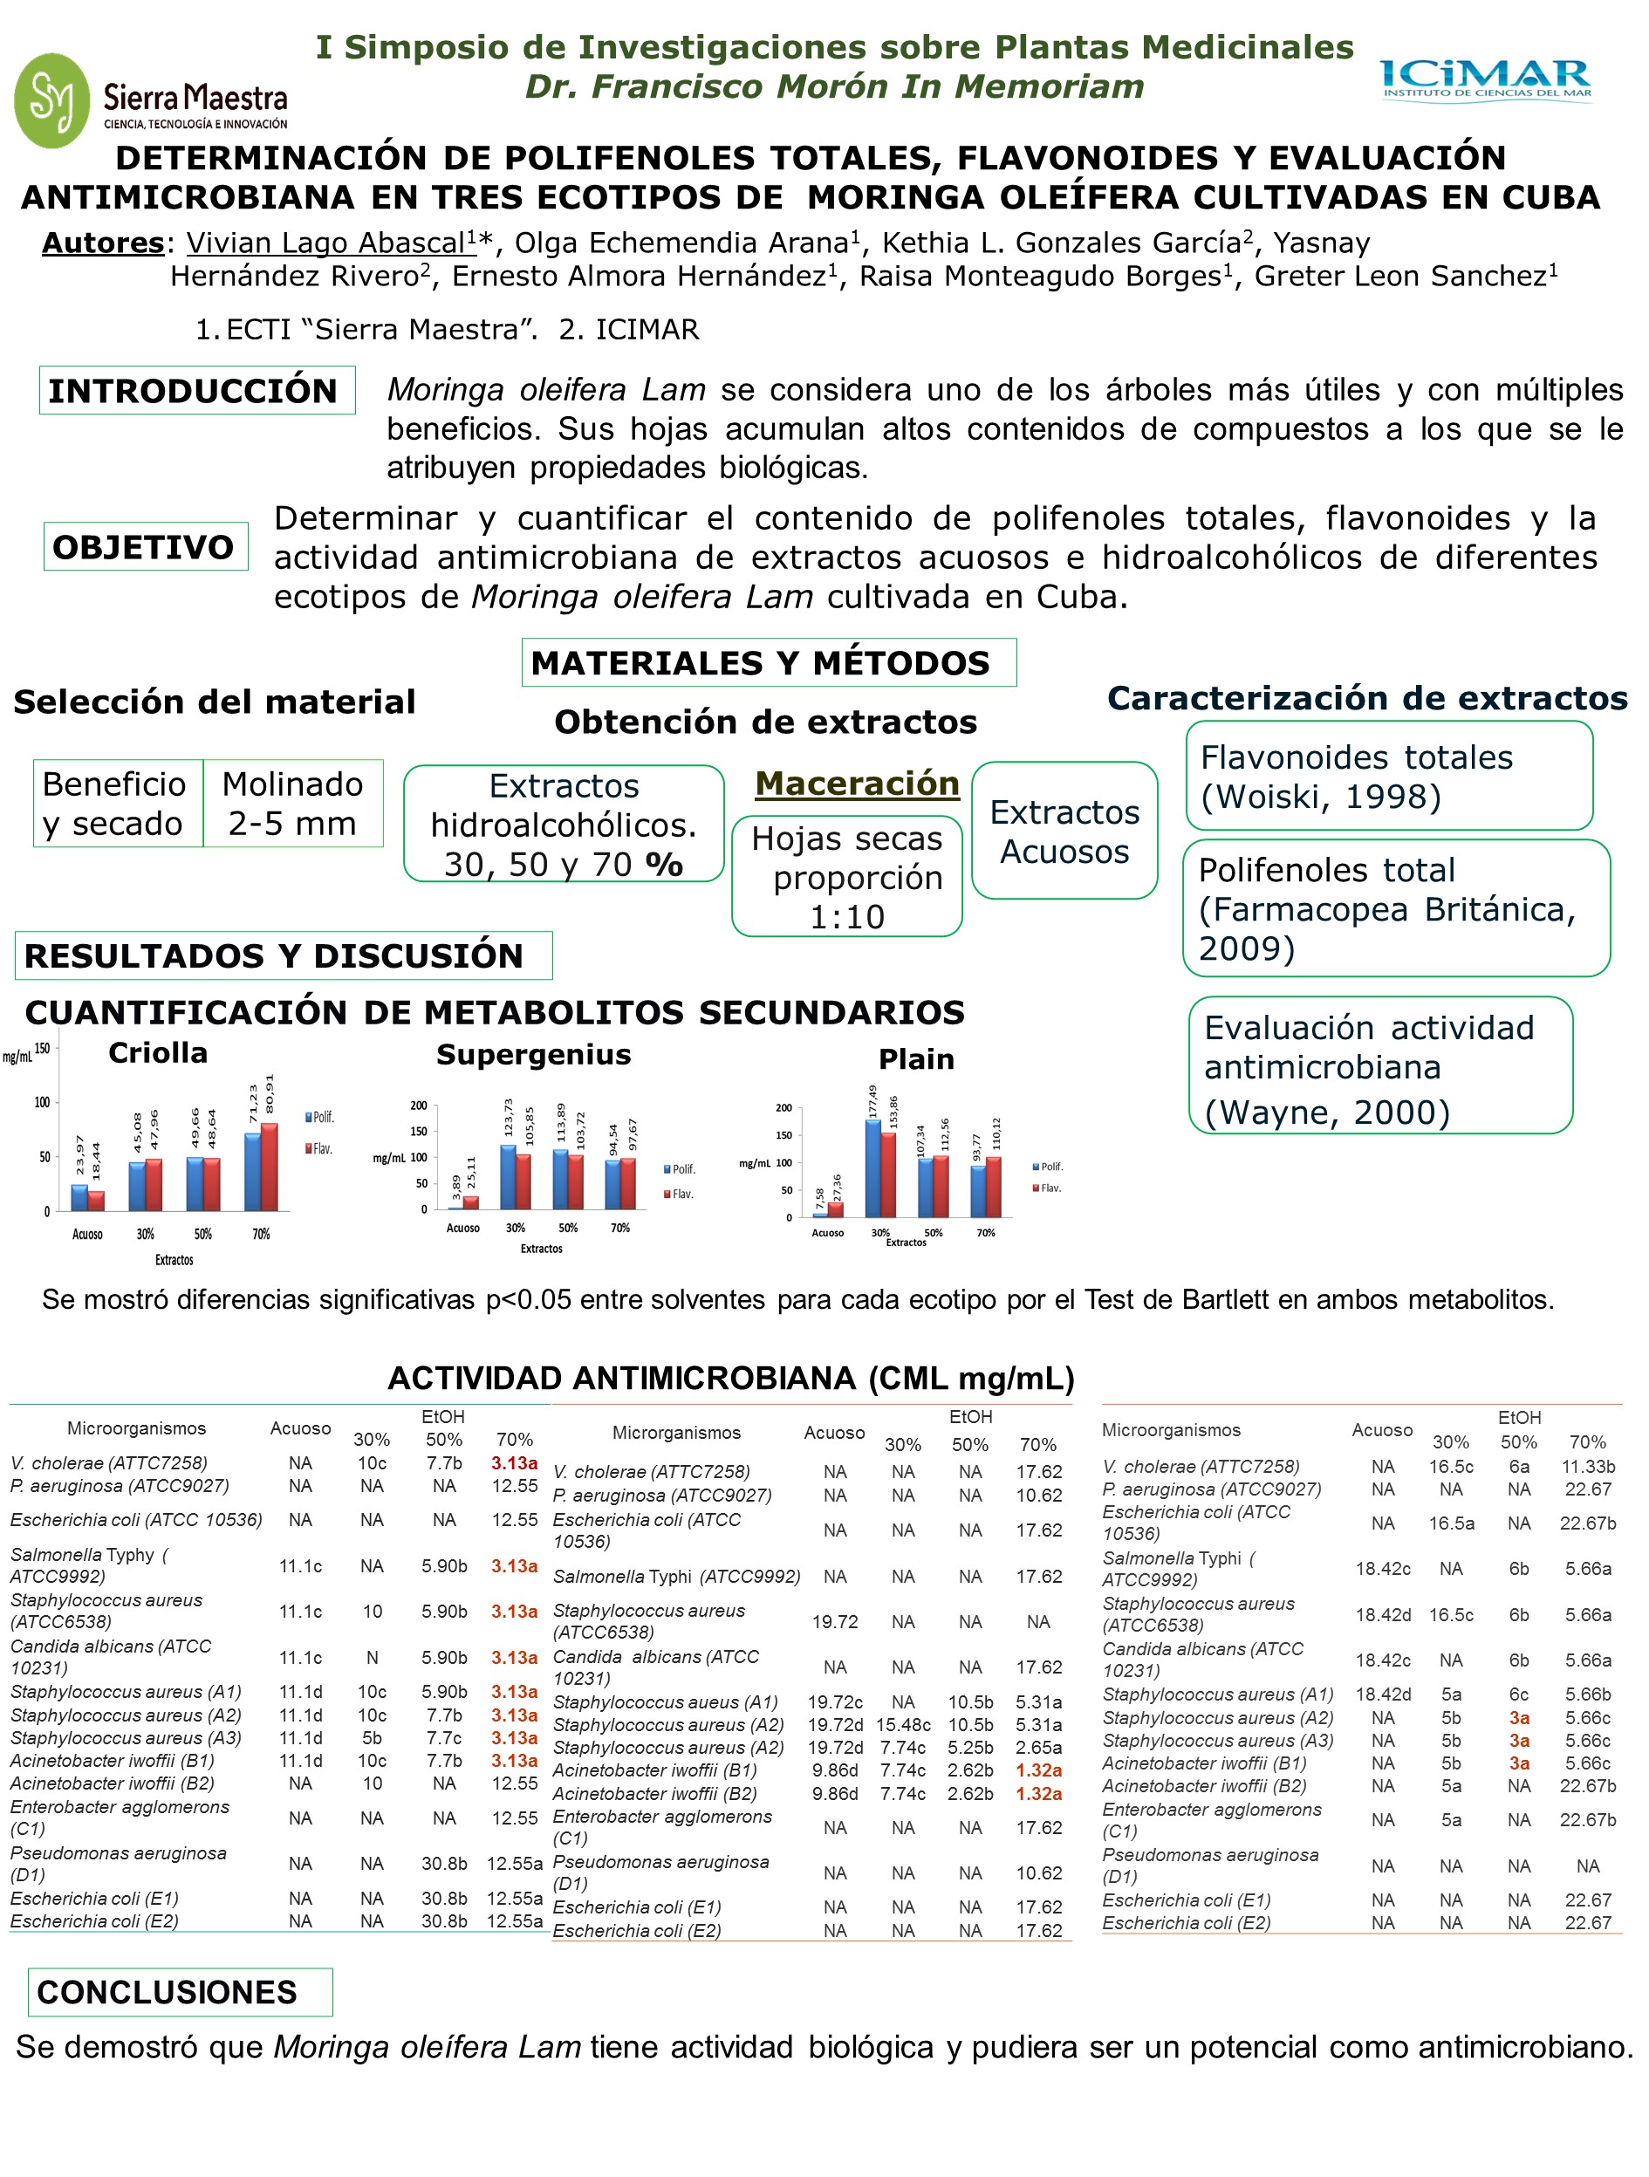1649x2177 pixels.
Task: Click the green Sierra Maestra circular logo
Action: (x=51, y=100)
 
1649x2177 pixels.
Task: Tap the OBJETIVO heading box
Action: (x=145, y=546)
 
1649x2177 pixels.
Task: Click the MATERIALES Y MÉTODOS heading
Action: (x=768, y=662)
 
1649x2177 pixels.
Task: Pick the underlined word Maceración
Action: (x=856, y=784)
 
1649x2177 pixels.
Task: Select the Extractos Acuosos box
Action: (x=1064, y=831)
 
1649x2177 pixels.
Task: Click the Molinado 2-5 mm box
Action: (x=292, y=803)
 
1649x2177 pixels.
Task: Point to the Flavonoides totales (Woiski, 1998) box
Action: (x=1387, y=777)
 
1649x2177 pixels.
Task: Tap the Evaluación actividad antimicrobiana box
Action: (x=1379, y=1066)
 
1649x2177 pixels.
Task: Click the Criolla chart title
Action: (x=157, y=1053)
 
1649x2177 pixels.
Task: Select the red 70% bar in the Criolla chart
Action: (x=269, y=1167)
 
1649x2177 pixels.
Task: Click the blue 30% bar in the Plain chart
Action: (x=872, y=1168)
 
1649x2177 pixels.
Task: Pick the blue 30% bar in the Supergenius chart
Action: (x=508, y=1177)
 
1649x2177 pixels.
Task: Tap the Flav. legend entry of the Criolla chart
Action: (x=318, y=1148)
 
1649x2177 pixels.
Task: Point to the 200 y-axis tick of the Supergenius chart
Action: (x=418, y=1106)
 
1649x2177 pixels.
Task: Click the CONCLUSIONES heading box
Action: (x=180, y=1992)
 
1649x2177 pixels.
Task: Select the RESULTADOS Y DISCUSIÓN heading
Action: (x=284, y=955)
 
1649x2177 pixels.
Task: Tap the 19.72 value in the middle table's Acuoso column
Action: (x=834, y=1621)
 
